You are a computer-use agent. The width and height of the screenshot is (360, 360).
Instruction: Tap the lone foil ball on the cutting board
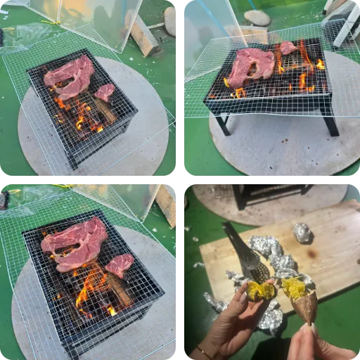pos(302,233)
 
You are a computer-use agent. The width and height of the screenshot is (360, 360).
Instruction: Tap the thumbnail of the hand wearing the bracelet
pos(243,297)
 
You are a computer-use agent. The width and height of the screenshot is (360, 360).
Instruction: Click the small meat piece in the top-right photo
pos(288,48)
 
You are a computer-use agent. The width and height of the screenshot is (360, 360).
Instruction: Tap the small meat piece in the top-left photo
pos(105,91)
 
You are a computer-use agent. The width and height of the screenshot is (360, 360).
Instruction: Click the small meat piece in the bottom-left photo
pos(120,265)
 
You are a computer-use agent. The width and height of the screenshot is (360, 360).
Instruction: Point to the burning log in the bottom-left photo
pos(116,288)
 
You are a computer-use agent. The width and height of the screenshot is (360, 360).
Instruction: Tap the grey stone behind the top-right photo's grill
pos(257,18)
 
